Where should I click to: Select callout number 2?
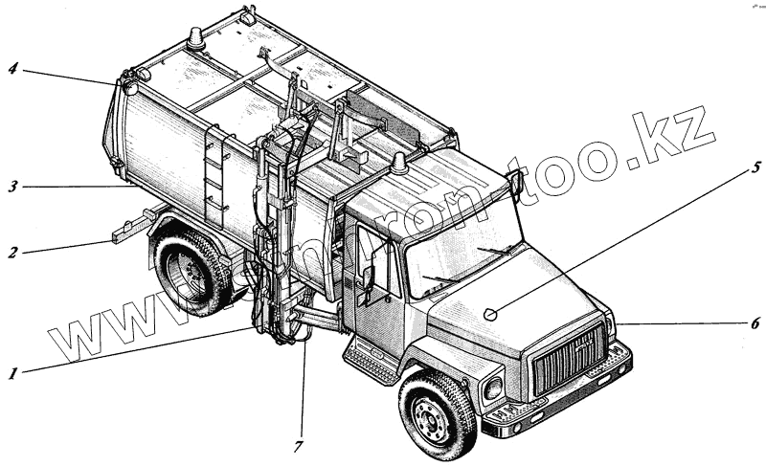pyautogui.click(x=12, y=254)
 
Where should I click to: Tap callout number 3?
pyautogui.click(x=12, y=188)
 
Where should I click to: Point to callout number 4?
pyautogui.click(x=12, y=69)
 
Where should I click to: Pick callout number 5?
pyautogui.click(x=755, y=171)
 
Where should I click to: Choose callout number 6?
pyautogui.click(x=755, y=323)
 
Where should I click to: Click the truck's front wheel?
pyautogui.click(x=436, y=413)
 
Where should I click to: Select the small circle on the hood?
pyautogui.click(x=489, y=313)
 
